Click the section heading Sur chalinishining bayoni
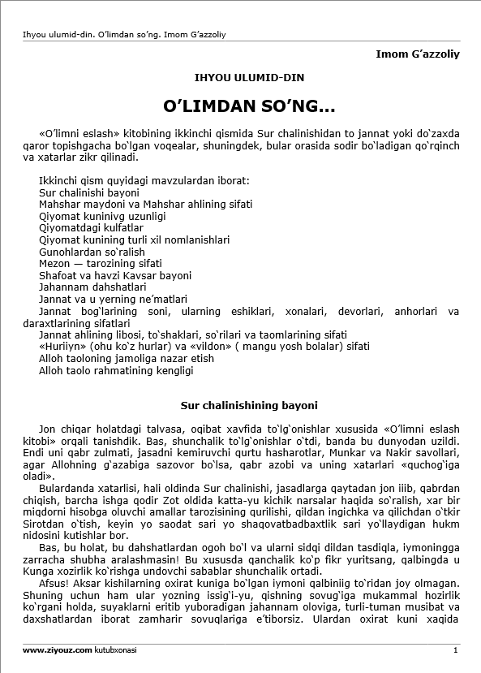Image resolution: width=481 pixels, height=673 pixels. coord(248,404)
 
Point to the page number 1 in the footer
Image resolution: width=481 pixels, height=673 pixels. coord(456,650)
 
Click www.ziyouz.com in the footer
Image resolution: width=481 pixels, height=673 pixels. coord(56,650)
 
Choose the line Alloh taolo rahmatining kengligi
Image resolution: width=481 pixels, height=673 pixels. coord(116,370)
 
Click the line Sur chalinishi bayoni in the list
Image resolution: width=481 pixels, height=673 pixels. coord(89,192)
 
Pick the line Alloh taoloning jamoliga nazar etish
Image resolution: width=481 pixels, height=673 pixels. coord(127,358)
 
